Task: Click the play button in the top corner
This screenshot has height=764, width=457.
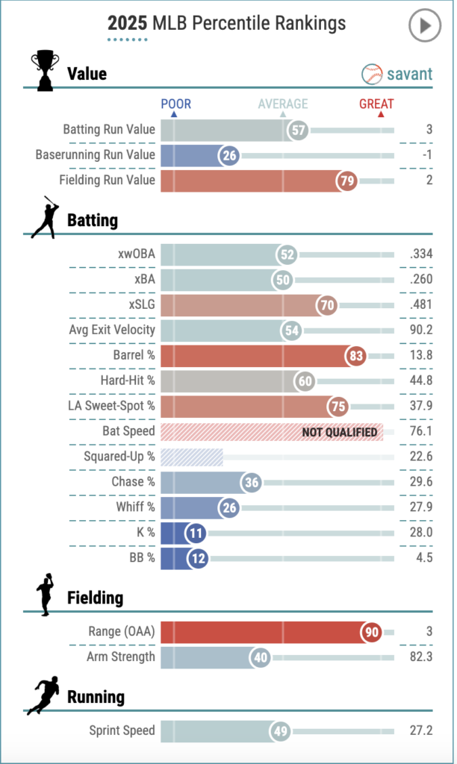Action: (x=424, y=26)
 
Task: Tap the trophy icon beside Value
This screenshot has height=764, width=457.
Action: (x=44, y=70)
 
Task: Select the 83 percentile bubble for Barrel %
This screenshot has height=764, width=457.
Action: (x=356, y=356)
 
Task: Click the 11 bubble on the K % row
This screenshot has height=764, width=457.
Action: (x=196, y=533)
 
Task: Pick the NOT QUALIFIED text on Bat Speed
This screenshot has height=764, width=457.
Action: (x=339, y=432)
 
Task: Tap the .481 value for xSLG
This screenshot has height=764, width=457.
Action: (x=421, y=305)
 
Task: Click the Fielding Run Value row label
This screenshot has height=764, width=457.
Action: (x=107, y=180)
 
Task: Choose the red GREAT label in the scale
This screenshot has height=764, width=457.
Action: (x=376, y=104)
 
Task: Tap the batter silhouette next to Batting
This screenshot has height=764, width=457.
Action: (x=45, y=217)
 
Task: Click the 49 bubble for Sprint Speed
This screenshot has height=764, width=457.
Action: (x=281, y=731)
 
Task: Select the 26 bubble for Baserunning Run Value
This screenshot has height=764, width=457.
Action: (x=229, y=155)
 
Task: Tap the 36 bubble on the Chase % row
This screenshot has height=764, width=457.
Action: (x=252, y=483)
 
